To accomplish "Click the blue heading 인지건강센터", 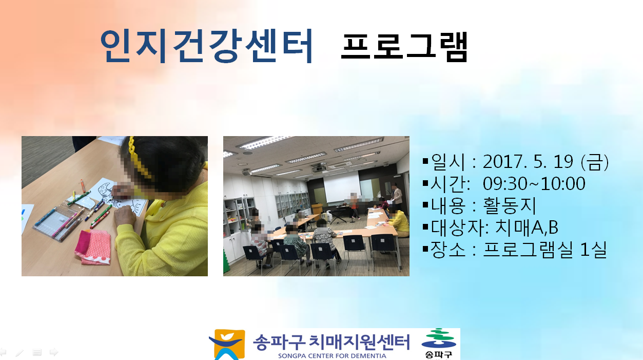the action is point(206,46).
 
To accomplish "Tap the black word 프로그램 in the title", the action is point(404,47).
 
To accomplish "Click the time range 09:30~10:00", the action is point(534,183).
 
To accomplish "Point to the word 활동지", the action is point(510,205).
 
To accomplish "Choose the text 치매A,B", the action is point(527,228).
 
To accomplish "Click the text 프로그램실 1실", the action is point(544,250).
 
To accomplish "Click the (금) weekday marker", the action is point(594,162).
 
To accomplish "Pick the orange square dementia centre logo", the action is point(227,345).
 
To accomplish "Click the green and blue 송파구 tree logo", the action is point(438,344).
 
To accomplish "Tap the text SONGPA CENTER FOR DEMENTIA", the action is point(332,356).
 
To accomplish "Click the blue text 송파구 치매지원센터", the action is point(331,342).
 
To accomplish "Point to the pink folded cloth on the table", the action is point(92,247).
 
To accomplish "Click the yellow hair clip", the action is point(139,156).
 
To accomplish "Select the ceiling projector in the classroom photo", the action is point(319,167).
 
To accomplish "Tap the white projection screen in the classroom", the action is point(342,187).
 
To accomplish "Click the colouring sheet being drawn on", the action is point(121,198).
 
